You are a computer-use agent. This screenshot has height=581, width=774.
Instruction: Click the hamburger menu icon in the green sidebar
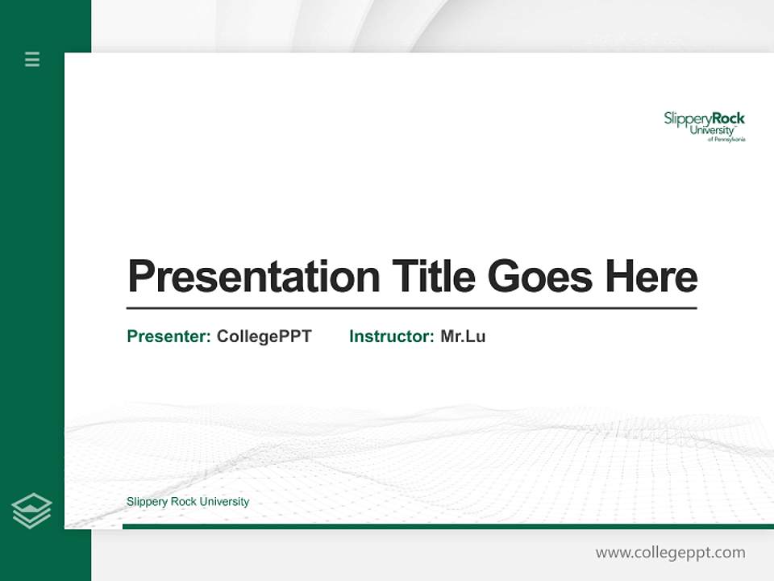[32, 59]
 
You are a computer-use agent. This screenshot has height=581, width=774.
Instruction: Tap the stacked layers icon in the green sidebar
[31, 511]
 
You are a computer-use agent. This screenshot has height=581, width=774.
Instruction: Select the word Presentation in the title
[254, 277]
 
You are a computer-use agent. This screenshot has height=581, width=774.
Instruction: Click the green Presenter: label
[169, 336]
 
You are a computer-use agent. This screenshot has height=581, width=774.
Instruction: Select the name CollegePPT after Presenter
[264, 336]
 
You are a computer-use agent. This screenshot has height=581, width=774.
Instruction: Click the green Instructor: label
[392, 336]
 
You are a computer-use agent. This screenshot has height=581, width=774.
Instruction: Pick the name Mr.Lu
[463, 336]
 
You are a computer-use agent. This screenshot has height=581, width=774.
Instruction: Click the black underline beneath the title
[411, 307]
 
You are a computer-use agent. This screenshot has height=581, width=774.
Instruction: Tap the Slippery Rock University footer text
[188, 502]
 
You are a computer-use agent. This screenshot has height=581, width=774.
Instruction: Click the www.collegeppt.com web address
[670, 553]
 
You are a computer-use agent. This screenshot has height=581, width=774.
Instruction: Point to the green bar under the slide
[447, 526]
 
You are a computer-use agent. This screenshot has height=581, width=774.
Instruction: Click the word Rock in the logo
[728, 119]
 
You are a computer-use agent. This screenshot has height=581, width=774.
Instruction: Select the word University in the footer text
[224, 502]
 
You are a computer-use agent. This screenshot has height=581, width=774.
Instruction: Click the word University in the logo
[711, 130]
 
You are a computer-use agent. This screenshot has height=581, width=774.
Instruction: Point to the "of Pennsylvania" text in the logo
[726, 140]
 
